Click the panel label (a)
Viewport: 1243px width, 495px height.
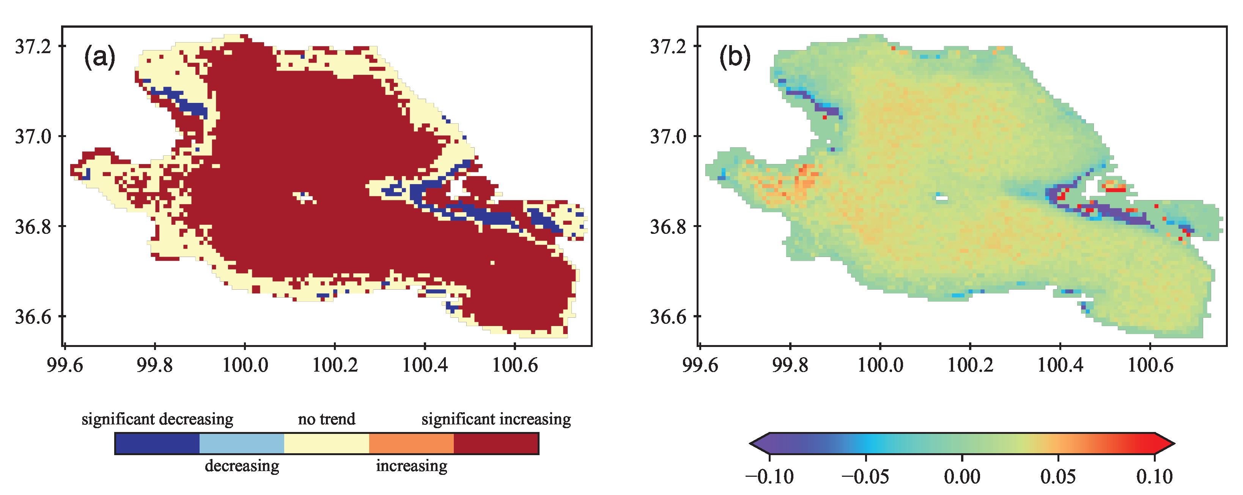[x=100, y=57]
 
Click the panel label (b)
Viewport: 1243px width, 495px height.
[x=735, y=57]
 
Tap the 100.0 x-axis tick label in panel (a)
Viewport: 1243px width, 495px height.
[x=245, y=365]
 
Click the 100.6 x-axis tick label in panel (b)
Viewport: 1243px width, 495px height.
[x=1150, y=365]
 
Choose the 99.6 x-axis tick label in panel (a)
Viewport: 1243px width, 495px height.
[x=65, y=365]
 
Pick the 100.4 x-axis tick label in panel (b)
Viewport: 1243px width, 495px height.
[x=1060, y=365]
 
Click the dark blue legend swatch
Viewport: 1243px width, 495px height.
[x=157, y=443]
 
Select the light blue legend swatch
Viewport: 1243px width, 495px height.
[x=242, y=443]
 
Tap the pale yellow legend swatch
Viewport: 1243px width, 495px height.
[x=327, y=443]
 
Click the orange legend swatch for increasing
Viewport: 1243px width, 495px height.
[x=411, y=443]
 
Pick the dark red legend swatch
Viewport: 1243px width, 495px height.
[x=496, y=443]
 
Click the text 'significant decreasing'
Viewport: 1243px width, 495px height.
[x=157, y=419]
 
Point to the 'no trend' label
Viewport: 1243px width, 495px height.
[x=327, y=419]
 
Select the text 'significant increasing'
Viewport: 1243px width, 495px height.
[x=496, y=419]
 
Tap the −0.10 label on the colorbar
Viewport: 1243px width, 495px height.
[x=769, y=477]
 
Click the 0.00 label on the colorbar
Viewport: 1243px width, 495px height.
[x=962, y=477]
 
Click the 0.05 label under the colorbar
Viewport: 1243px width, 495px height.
[x=1058, y=477]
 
